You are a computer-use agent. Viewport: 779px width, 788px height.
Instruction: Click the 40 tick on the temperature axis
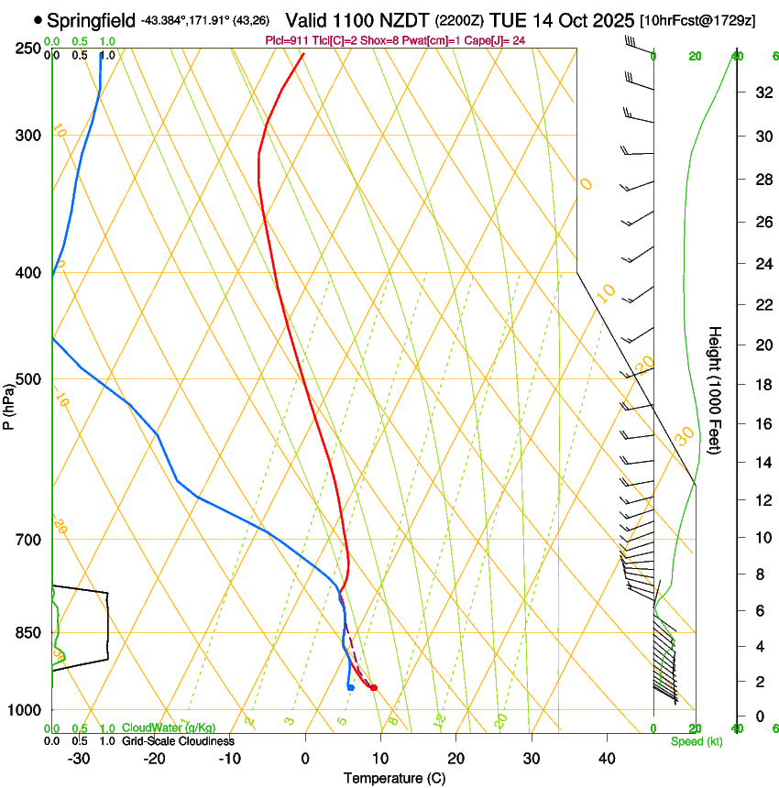pos(607,758)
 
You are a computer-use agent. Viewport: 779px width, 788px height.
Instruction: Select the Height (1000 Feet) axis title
pos(715,389)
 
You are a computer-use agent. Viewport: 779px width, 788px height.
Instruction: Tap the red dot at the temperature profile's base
pos(373,687)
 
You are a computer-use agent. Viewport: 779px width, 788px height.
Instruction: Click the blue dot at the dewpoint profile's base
pos(351,687)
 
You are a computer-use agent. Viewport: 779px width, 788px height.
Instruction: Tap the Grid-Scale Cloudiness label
pos(178,740)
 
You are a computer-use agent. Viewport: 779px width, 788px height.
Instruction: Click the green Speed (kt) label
pos(696,740)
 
